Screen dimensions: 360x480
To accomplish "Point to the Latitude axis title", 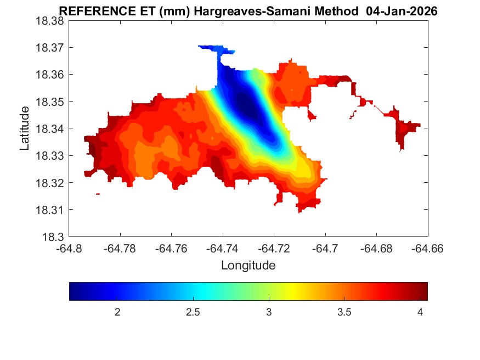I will (x=25, y=128).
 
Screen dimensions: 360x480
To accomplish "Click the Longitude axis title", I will (x=248, y=266).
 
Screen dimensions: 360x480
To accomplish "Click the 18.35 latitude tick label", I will (x=50, y=102).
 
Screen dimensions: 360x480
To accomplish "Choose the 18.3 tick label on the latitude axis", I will (x=53, y=237).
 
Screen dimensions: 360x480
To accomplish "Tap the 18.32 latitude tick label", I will (x=50, y=183).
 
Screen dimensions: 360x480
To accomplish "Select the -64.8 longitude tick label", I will (x=69, y=249).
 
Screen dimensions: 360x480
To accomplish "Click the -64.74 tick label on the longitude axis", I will (x=223, y=249).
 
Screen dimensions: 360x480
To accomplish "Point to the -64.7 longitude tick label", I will (x=326, y=249).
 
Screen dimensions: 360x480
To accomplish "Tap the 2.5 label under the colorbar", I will (x=193, y=312).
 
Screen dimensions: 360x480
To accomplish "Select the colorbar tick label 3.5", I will (x=344, y=312).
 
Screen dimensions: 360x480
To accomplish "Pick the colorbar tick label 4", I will (x=420, y=312).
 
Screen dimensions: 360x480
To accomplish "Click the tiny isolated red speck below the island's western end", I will (x=98, y=194).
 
